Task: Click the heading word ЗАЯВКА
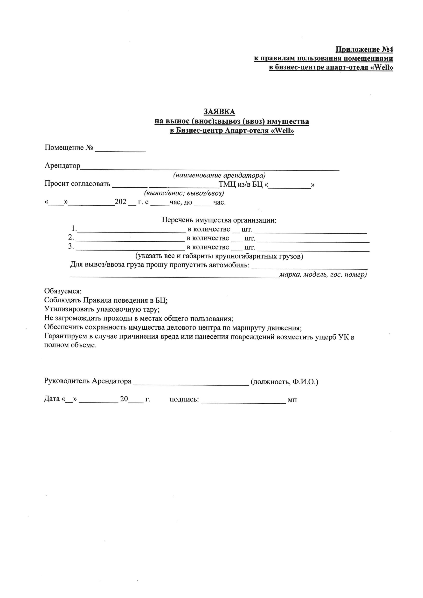pyautogui.click(x=219, y=112)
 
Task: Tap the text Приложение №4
pyautogui.click(x=364, y=49)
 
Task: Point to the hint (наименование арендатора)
pyautogui.click(x=219, y=175)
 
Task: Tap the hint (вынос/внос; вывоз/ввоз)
pyautogui.click(x=184, y=193)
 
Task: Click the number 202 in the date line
pyautogui.click(x=120, y=202)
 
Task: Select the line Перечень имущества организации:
pyautogui.click(x=219, y=220)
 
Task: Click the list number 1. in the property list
pyautogui.click(x=74, y=229)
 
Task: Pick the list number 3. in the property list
pyautogui.click(x=71, y=246)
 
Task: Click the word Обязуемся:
pyautogui.click(x=63, y=291)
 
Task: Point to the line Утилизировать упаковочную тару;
pyautogui.click(x=102, y=309)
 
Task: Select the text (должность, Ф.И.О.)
pyautogui.click(x=284, y=382)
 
